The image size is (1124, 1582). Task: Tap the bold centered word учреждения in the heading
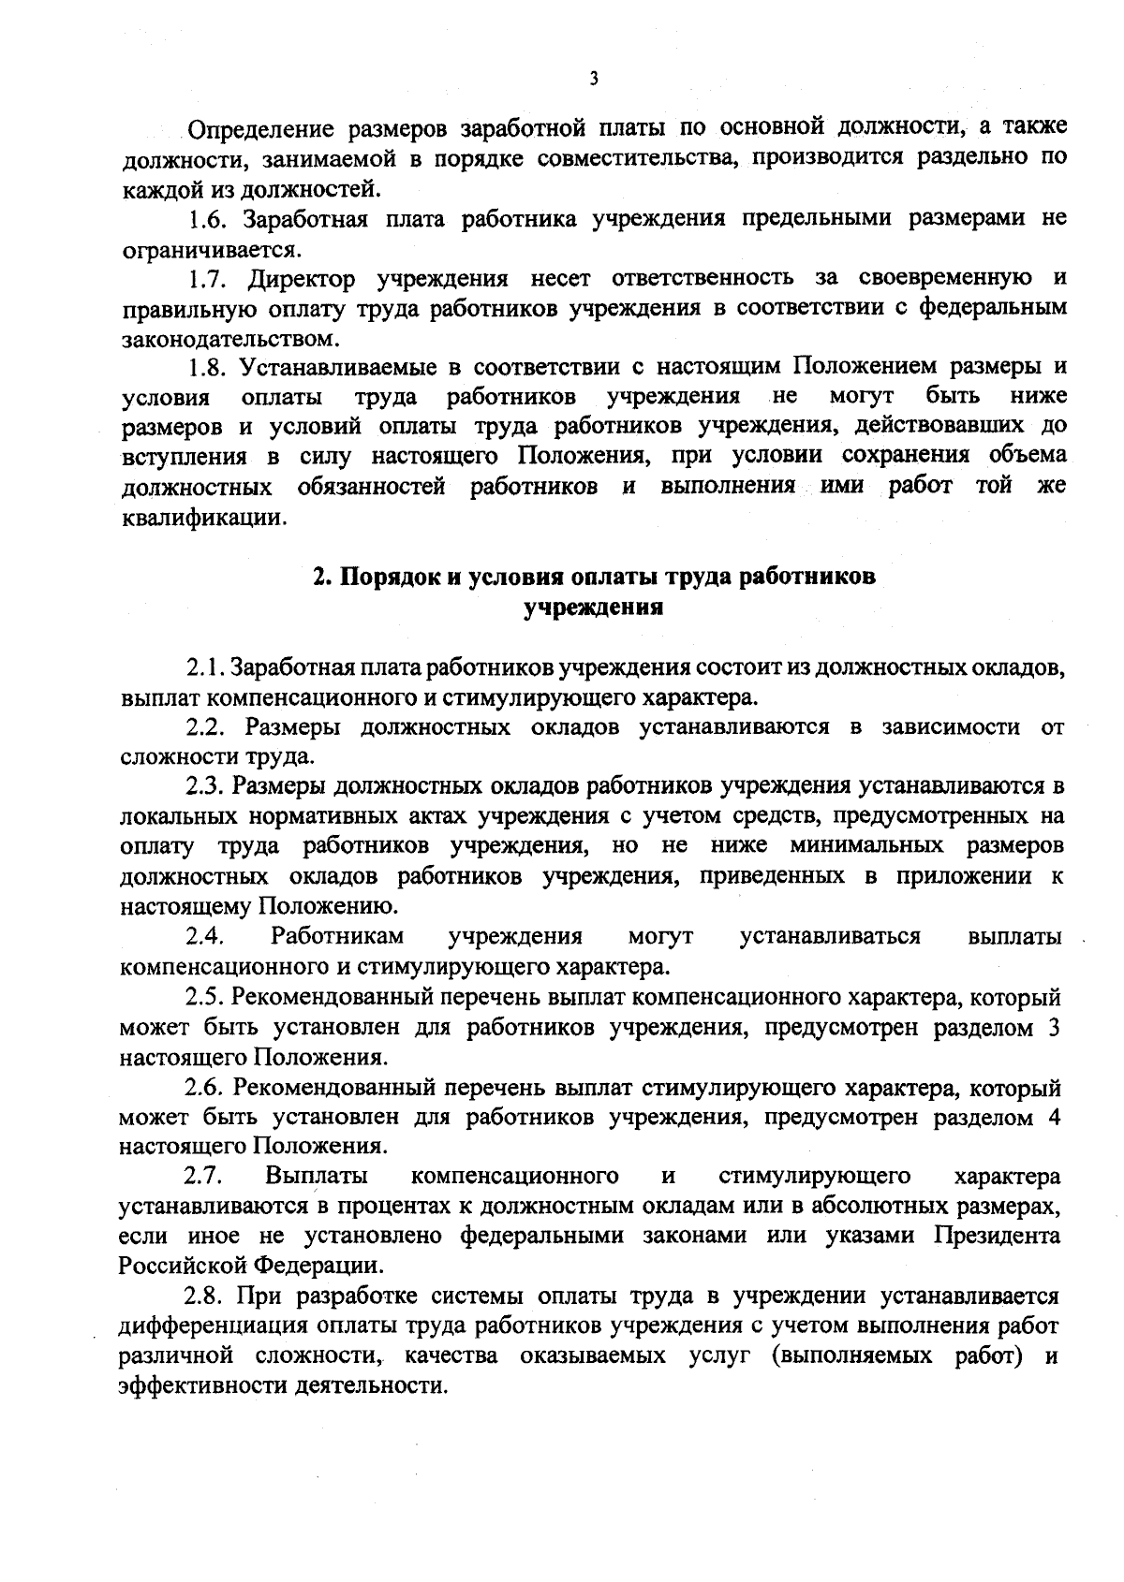pyautogui.click(x=594, y=607)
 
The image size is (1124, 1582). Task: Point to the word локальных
pyautogui.click(x=182, y=816)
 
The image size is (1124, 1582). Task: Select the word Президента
pyautogui.click(x=997, y=1236)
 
